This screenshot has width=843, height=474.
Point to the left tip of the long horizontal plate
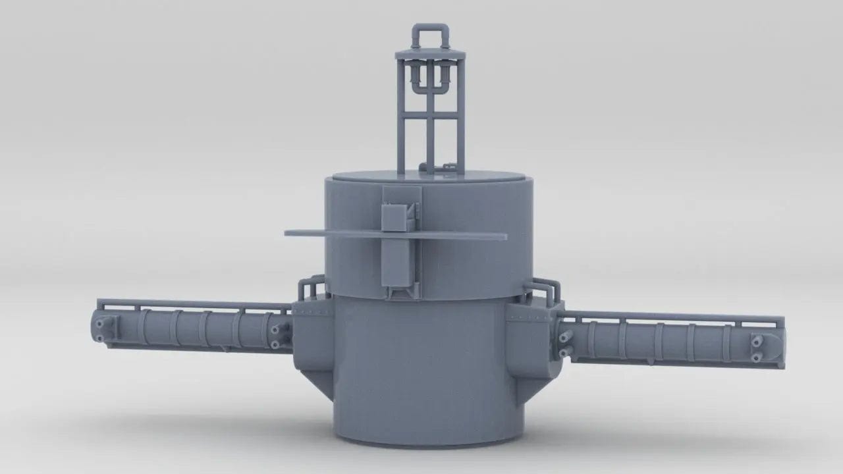pos(288,232)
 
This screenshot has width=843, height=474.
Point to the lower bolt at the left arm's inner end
pos(275,344)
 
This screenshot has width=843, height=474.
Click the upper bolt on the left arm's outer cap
pos(99,323)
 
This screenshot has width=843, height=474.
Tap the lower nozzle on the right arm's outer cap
pos(757,357)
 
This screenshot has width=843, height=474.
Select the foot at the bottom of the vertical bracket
pos(400,292)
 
